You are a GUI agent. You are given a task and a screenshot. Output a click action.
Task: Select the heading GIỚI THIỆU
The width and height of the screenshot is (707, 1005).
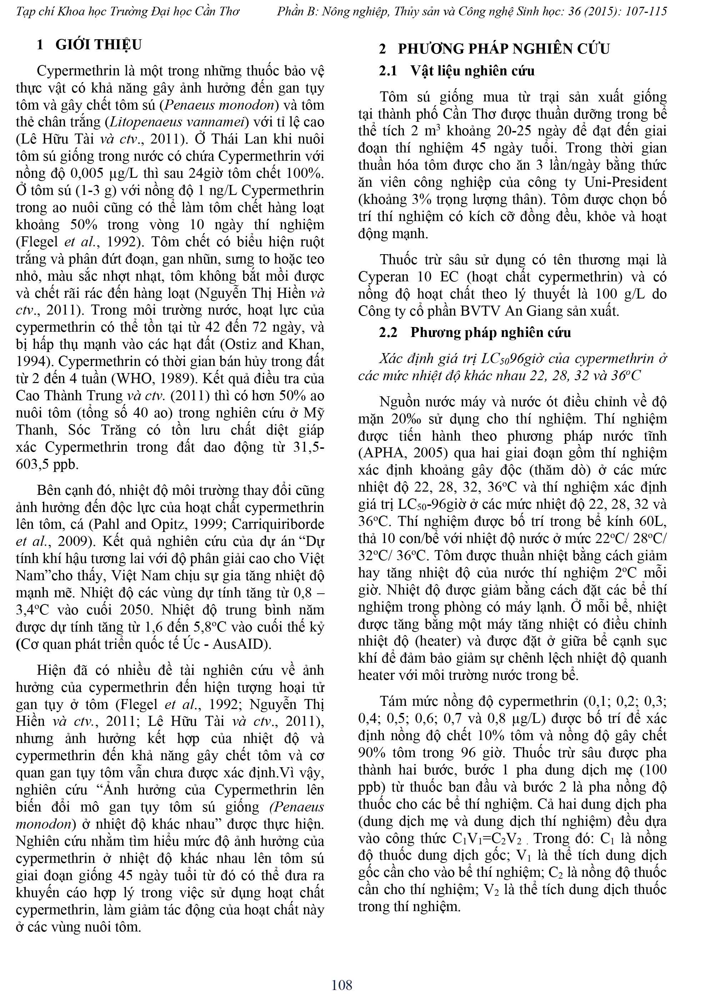point(99,45)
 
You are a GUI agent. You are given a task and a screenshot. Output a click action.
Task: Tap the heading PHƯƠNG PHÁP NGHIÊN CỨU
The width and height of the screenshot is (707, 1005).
point(503,49)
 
